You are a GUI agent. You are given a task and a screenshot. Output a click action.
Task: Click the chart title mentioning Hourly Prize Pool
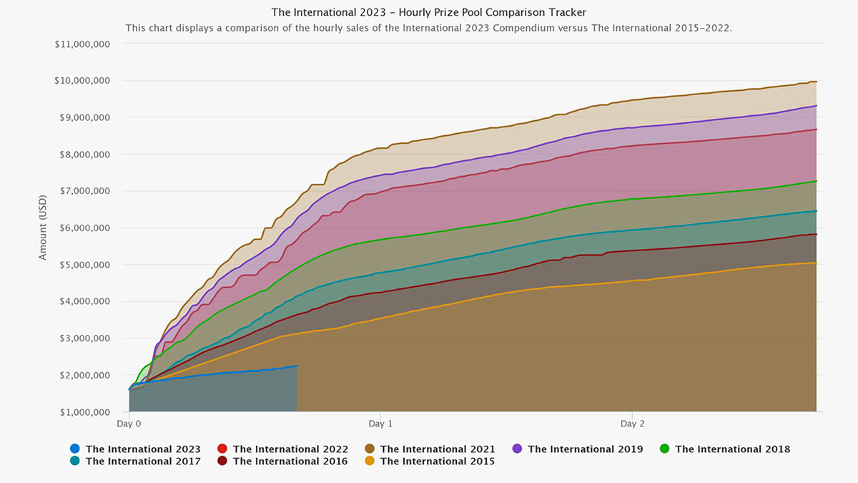[x=428, y=12]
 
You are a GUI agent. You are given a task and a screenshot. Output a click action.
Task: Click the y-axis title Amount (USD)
[x=43, y=227]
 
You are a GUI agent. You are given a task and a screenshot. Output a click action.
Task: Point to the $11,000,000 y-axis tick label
[x=82, y=44]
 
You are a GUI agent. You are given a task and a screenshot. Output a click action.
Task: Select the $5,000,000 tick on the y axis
[x=82, y=265]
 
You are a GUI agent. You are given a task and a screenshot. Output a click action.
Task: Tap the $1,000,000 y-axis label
[x=82, y=412]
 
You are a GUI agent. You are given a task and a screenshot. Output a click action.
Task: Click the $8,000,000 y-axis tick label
[x=82, y=154]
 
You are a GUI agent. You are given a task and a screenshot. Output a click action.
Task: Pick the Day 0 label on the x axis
[x=129, y=424]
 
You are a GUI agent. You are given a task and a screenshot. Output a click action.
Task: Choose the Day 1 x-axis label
[x=381, y=424]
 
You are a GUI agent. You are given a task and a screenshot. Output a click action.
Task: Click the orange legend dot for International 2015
[x=370, y=462]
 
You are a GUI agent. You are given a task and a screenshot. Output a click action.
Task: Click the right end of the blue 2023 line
[x=297, y=366]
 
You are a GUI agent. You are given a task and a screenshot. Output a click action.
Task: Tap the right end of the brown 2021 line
[x=816, y=82]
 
